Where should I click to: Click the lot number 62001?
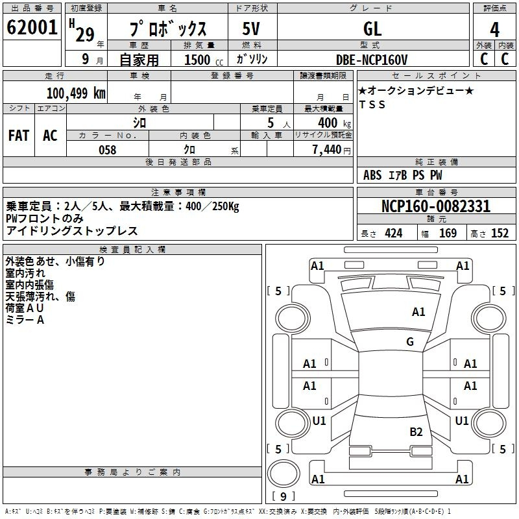pyautogui.click(x=32, y=27)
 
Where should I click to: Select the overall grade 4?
pyautogui.click(x=494, y=30)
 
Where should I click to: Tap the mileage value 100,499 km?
pyautogui.click(x=76, y=93)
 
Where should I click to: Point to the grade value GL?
pyautogui.click(x=372, y=29)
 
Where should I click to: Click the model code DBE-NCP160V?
pyautogui.click(x=372, y=60)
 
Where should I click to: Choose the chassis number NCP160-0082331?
pyautogui.click(x=436, y=206)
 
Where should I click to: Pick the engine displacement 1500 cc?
pyautogui.click(x=204, y=60)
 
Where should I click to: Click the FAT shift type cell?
pyautogui.click(x=19, y=136)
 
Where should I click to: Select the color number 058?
pyautogui.click(x=108, y=150)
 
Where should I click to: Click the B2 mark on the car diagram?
pyautogui.click(x=416, y=432)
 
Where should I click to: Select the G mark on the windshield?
pyautogui.click(x=410, y=341)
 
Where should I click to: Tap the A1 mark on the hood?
pyautogui.click(x=418, y=312)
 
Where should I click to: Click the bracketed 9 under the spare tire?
pyautogui.click(x=284, y=496)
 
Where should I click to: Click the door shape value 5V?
pyautogui.click(x=251, y=29)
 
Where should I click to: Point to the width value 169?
pyautogui.click(x=448, y=234)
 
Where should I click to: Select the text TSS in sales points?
pyautogui.click(x=372, y=104)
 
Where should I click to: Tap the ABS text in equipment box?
pyautogui.click(x=372, y=175)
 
